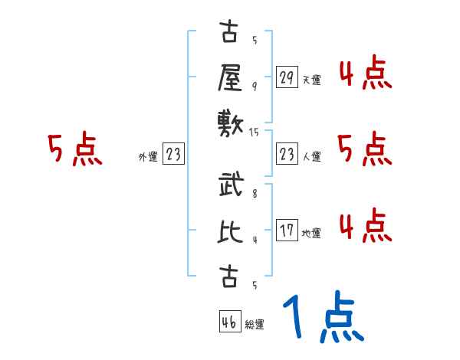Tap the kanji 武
[x=230, y=188]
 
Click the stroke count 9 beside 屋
[x=255, y=85]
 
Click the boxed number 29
[x=287, y=77]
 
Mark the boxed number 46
[x=228, y=322]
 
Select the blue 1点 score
[x=323, y=317]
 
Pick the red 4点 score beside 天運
[x=365, y=75]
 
